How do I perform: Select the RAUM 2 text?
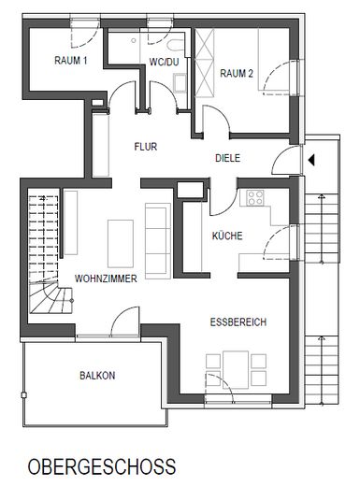pos(238,72)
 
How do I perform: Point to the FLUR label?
pos(145,146)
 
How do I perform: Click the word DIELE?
pos(229,159)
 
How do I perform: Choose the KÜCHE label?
pos(227,236)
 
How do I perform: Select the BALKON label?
pos(96,376)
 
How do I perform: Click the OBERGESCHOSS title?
pos(101,465)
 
